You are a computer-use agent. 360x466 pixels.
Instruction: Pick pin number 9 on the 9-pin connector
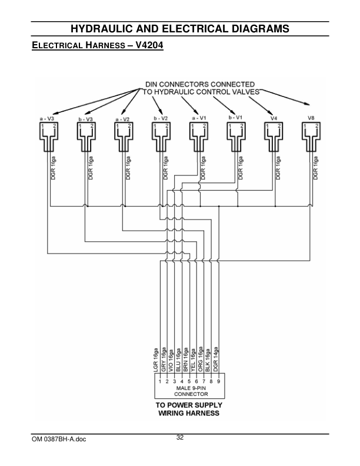(218, 382)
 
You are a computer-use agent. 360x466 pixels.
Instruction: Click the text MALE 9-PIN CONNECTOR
(187, 392)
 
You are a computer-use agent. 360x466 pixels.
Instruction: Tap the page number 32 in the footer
(180, 437)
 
